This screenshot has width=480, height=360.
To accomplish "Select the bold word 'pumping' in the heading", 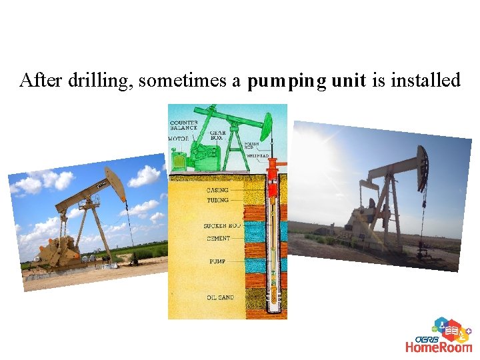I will pos(287,81).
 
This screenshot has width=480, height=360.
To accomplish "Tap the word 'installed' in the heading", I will pos(425,81).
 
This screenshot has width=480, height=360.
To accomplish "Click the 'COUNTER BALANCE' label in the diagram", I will pos(183,125).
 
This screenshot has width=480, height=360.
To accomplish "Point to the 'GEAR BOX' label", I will pos(217,135).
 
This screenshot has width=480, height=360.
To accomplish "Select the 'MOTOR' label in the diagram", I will pos(178,139).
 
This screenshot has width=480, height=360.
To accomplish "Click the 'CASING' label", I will pos(217,190).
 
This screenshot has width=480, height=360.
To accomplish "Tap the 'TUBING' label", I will pos(217,200).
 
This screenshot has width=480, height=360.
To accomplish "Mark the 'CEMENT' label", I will pos(218,238).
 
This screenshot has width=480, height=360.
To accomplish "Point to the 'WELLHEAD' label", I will pos(258,156).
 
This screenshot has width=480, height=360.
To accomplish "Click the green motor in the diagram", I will pos(179,161).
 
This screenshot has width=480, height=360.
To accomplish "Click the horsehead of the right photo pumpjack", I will pos(422,167).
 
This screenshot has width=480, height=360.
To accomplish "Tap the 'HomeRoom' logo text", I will pos(439,346).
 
